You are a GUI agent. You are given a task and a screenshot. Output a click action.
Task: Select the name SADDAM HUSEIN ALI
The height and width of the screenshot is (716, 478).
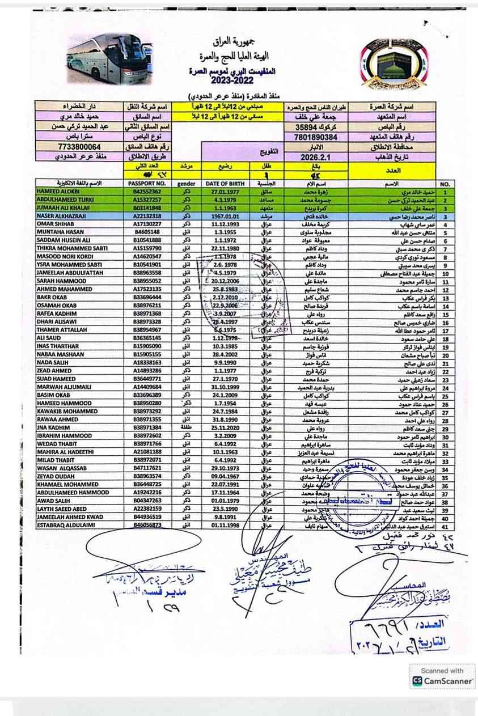[62, 240]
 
